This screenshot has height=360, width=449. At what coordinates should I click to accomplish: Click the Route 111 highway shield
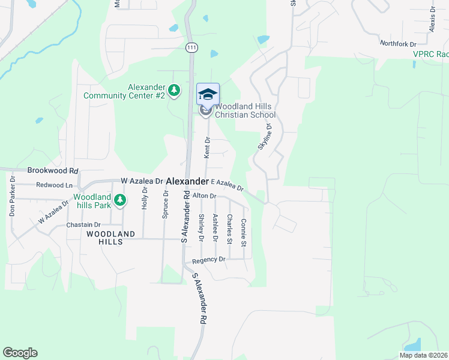191,47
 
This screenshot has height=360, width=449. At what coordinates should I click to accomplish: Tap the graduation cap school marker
208,94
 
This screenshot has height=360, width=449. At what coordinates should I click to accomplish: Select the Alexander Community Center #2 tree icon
174,91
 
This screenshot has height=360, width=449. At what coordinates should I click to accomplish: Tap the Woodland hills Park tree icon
120,200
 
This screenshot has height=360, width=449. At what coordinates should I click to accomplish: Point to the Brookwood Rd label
53,170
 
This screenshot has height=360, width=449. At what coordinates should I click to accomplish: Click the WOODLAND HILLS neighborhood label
104,238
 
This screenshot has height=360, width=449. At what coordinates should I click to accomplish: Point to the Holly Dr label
145,198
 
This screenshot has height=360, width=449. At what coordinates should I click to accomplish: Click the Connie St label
243,233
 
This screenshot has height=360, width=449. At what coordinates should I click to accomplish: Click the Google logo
20,353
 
